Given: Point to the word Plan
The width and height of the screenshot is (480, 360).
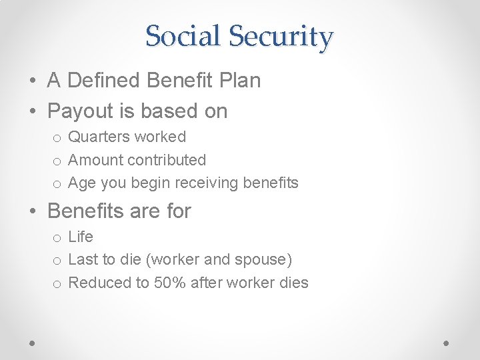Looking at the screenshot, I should [239, 81].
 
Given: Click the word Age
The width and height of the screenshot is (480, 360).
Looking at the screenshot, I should [81, 183].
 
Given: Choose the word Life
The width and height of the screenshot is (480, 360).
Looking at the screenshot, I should [81, 237].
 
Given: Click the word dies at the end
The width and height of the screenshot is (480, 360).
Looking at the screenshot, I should [293, 283].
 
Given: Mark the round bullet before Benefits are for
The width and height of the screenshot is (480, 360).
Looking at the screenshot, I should [33, 212].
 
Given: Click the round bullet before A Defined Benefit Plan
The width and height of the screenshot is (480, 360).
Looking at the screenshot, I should [33, 81].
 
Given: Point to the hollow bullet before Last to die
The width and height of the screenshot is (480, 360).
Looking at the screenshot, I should [58, 261].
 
